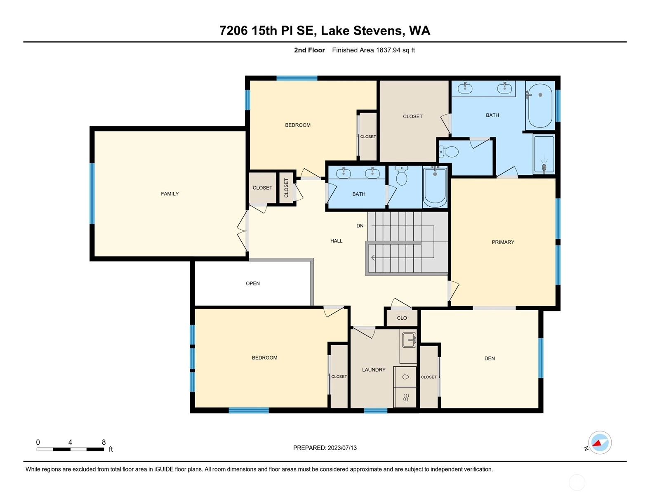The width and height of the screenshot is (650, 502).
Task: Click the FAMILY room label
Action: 170,194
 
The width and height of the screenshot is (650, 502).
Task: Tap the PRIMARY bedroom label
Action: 503,242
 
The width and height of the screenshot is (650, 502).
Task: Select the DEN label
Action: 490,358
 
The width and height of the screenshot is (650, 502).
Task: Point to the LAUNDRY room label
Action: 374,370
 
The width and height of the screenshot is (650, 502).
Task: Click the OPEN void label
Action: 253,283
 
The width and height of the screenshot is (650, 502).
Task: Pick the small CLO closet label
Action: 402,318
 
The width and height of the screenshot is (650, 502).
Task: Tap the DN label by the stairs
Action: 360,226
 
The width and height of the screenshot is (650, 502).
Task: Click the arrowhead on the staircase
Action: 373,257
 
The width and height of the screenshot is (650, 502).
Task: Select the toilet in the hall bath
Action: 401,176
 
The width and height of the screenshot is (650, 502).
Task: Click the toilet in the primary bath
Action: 449,152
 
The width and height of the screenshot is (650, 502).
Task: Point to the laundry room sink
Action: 409,340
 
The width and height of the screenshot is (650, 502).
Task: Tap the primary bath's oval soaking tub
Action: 540,105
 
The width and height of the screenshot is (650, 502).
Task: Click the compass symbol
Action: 599,443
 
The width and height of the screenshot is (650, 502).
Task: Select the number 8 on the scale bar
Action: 104,442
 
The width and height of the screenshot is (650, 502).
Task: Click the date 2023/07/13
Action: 342,448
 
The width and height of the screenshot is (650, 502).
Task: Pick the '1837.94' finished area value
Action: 388,50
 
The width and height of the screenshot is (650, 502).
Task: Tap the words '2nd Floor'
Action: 309,50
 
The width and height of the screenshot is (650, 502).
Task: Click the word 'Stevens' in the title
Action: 378,31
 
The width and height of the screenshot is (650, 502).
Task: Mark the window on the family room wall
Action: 92,193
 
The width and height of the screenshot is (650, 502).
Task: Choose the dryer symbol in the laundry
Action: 405,397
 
